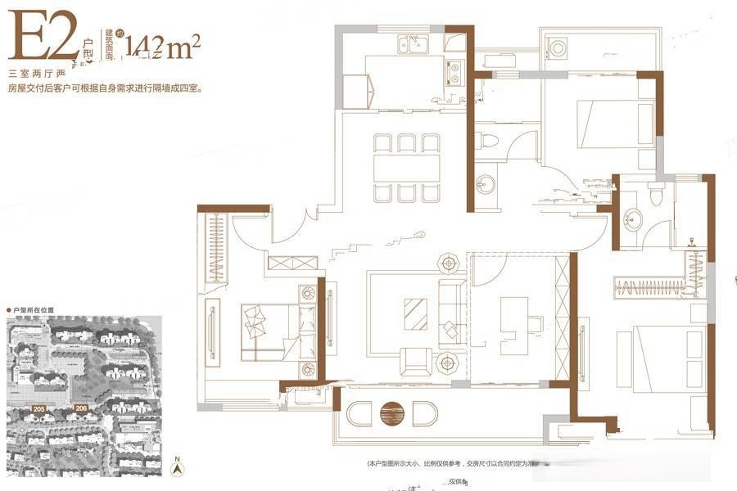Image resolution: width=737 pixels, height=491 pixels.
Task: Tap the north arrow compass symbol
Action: (175, 469)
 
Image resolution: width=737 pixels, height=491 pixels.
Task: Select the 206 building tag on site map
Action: (80, 407)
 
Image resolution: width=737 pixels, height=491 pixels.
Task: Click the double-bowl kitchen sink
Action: (414, 44)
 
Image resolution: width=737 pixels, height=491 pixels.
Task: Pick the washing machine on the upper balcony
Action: (558, 48)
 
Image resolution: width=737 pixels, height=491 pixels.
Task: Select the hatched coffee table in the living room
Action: (415, 313)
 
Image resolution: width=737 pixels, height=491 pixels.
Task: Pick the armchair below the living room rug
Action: (415, 360)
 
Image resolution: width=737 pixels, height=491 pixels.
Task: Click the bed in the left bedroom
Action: (270, 331)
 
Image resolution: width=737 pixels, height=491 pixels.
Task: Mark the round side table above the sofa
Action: (449, 264)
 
